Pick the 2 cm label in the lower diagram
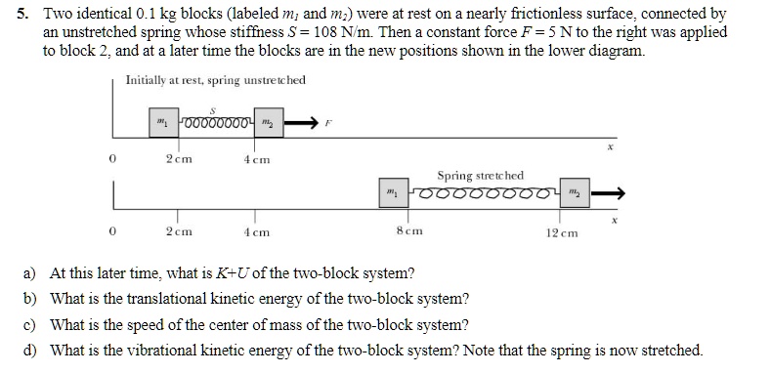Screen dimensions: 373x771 [x=178, y=233]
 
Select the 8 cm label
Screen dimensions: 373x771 [x=408, y=233]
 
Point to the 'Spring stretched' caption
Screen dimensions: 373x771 [x=481, y=175]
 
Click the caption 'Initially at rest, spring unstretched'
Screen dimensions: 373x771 [x=216, y=80]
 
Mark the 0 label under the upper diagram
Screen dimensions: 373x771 [x=114, y=159]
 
